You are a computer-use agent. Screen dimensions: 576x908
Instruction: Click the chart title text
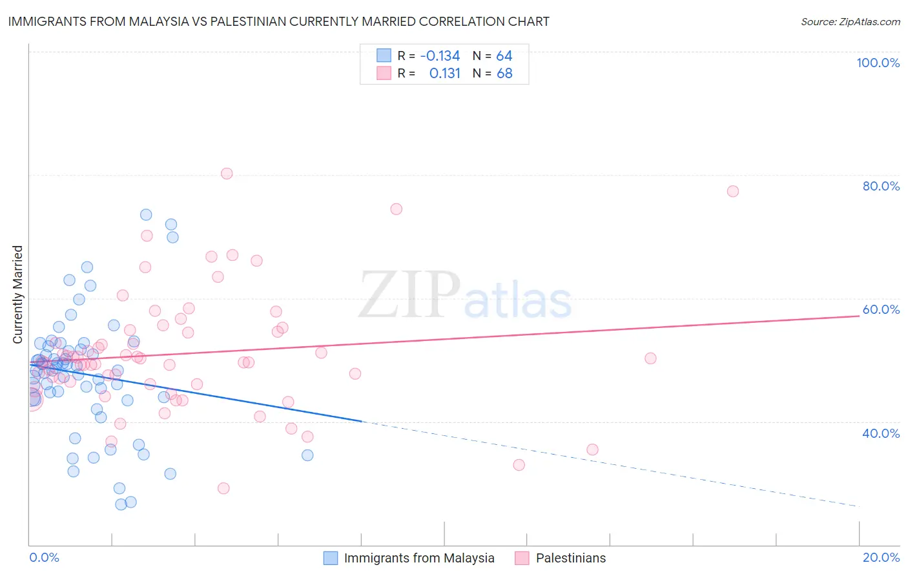pyautogui.click(x=278, y=21)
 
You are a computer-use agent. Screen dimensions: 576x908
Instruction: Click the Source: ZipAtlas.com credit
pyautogui.click(x=850, y=21)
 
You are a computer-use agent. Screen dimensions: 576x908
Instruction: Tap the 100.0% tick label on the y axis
pyautogui.click(x=878, y=63)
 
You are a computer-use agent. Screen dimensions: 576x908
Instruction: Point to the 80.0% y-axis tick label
pyautogui.click(x=881, y=186)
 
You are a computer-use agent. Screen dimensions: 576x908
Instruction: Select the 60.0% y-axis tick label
pyautogui.click(x=881, y=309)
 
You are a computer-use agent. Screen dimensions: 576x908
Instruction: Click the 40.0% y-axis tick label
pyautogui.click(x=881, y=433)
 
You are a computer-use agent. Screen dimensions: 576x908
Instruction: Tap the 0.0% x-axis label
pyautogui.click(x=44, y=557)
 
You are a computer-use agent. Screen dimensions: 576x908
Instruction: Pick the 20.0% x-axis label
pyautogui.click(x=881, y=557)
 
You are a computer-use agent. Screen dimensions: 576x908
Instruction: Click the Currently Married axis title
pyautogui.click(x=17, y=294)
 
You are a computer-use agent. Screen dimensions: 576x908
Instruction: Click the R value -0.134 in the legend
pyautogui.click(x=440, y=56)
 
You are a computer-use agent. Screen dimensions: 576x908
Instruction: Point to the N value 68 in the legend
pyautogui.click(x=504, y=74)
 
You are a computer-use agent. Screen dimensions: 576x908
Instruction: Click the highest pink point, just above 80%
pyautogui.click(x=227, y=173)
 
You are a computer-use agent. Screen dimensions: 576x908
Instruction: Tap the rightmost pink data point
pyautogui.click(x=732, y=191)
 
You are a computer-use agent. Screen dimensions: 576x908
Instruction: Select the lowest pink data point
pyautogui.click(x=223, y=488)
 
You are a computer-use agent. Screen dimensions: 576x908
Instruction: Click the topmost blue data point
pyautogui.click(x=146, y=214)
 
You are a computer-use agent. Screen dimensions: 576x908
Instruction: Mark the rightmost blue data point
pyautogui.click(x=307, y=455)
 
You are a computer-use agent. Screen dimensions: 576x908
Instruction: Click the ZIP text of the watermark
pyautogui.click(x=409, y=296)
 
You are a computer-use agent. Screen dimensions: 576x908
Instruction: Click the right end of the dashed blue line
pyautogui.click(x=859, y=507)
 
